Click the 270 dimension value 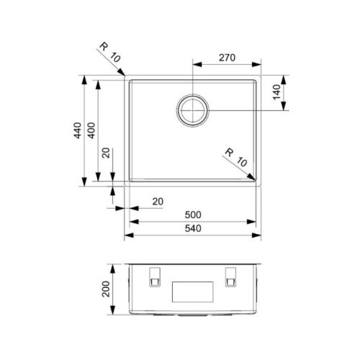point(227,58)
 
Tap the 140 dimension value point(276,92)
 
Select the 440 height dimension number point(78,130)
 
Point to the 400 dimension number point(91,130)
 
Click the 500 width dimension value point(193,215)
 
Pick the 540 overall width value point(193,228)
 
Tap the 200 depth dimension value point(106,289)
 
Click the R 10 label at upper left point(109,52)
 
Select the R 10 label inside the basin point(236,158)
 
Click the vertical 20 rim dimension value point(106,153)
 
